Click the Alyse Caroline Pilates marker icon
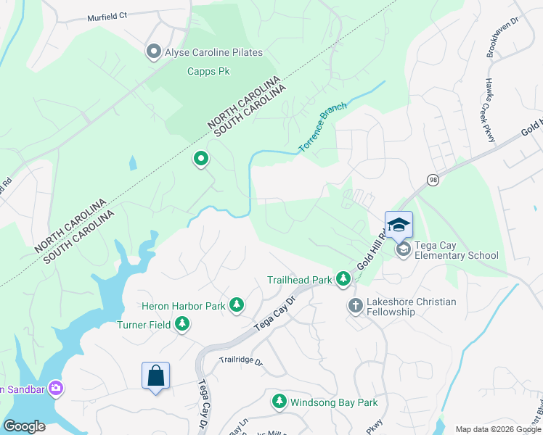(x=153, y=51)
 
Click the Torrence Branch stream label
(x=323, y=128)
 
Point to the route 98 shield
(x=433, y=180)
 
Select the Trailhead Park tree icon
(x=345, y=280)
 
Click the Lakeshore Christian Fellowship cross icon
(x=355, y=306)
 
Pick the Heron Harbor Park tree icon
(x=236, y=306)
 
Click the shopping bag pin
(x=155, y=377)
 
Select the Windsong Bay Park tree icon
(x=279, y=402)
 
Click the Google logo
(x=25, y=426)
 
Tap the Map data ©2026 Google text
(x=497, y=429)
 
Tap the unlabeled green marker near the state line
(x=200, y=158)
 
